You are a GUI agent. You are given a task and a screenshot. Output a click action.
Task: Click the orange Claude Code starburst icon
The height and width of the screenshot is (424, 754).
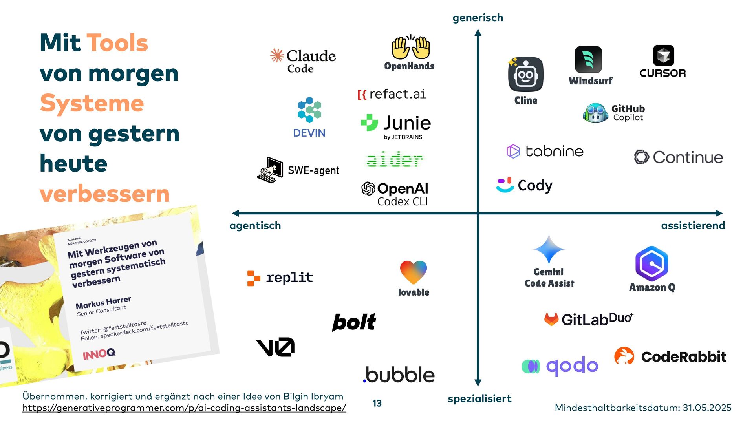tap(277, 55)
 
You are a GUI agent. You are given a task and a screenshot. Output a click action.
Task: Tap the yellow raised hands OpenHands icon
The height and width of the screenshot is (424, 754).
tap(410, 48)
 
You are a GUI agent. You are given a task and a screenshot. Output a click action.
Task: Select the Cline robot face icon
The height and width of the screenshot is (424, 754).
tap(526, 75)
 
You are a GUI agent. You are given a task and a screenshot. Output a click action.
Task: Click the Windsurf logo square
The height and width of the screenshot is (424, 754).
tap(588, 59)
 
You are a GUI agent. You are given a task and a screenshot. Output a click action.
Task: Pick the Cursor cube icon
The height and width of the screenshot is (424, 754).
tap(663, 55)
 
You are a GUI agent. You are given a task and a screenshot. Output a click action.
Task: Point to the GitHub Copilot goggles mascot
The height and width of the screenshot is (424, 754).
tap(596, 113)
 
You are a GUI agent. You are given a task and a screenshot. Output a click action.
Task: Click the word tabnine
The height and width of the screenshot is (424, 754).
tap(554, 151)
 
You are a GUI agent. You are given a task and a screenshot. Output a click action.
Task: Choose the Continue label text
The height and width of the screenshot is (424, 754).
tap(688, 157)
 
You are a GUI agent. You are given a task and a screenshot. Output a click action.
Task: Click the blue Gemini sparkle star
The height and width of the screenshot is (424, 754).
tap(549, 249)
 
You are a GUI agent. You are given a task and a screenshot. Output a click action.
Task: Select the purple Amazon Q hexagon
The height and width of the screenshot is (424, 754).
tap(652, 263)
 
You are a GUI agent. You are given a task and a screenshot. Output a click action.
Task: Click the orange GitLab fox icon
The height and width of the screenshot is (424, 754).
tap(551, 319)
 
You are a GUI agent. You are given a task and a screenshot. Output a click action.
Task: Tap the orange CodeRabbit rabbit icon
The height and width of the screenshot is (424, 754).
tap(624, 356)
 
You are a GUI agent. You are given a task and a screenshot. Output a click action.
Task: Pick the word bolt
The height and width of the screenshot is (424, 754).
tap(354, 322)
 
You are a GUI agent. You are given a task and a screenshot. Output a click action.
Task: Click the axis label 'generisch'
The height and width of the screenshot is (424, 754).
tap(478, 18)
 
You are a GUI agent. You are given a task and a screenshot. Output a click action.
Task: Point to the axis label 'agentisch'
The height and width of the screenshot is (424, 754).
tap(255, 225)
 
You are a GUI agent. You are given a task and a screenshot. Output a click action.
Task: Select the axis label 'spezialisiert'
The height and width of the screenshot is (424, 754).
tap(479, 399)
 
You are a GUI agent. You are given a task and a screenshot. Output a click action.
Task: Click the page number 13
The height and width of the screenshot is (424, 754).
tap(377, 403)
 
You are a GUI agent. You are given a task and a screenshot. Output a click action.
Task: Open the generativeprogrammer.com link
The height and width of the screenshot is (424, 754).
tap(184, 408)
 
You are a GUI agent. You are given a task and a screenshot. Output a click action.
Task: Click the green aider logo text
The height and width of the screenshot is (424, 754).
tap(395, 160)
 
